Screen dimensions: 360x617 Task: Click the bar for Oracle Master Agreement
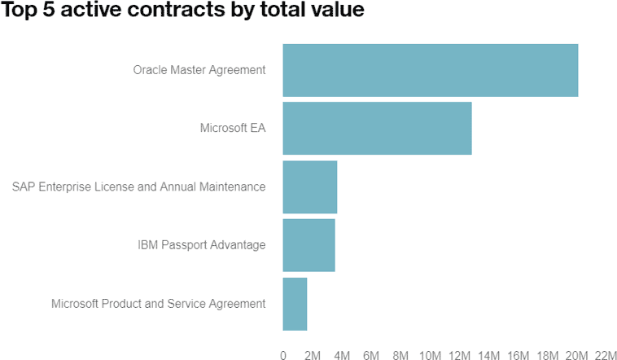coord(430,70)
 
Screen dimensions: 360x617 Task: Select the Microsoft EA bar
coord(377,128)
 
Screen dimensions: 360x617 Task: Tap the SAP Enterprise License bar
coord(309,187)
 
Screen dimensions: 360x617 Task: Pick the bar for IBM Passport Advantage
coord(308,244)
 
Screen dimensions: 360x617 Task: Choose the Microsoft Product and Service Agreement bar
coord(295,303)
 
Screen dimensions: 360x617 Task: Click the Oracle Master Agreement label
coord(199,70)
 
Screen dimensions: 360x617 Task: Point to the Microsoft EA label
coord(233,128)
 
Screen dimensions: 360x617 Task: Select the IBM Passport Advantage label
coord(202,244)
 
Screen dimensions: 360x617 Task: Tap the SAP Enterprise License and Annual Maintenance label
coord(138,187)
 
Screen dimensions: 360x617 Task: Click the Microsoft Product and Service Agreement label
coord(158,303)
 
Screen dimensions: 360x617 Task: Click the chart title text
coord(182,12)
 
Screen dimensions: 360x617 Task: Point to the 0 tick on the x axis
coord(283,355)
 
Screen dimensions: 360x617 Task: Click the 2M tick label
coord(313,355)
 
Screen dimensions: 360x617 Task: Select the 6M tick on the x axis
coord(371,355)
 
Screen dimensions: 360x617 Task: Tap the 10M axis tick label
coord(430,355)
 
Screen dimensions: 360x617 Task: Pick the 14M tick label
coord(488,355)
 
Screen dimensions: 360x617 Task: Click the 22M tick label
coord(606,355)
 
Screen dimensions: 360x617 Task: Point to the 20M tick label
coord(577,355)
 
